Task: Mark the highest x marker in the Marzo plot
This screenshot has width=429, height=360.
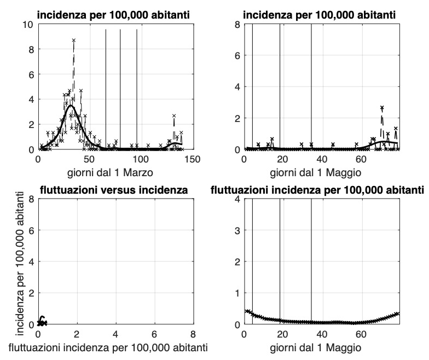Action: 73,40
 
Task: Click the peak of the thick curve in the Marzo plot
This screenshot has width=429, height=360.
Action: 71,106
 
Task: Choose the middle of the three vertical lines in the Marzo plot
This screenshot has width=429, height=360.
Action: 120,88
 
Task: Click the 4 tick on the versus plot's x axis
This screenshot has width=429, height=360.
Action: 115,334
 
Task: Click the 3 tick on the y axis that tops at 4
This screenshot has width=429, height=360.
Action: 237,230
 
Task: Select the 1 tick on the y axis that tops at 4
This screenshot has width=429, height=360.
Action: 237,293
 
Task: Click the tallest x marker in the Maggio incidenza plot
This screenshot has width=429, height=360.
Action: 382,108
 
